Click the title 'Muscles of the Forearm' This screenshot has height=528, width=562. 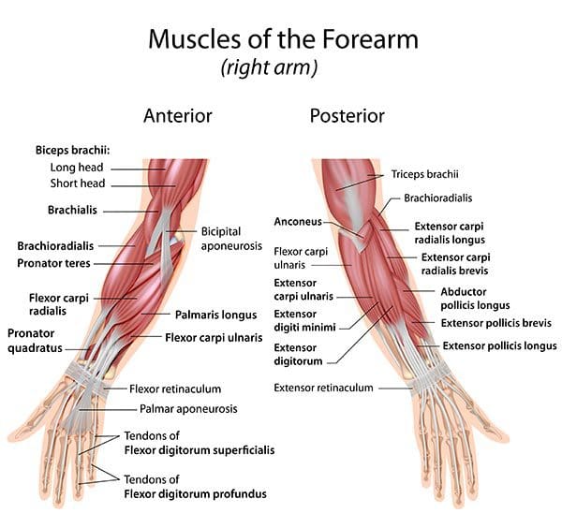tap(283, 39)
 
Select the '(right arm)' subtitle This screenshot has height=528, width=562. tap(269, 67)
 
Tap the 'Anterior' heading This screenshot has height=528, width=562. tap(178, 116)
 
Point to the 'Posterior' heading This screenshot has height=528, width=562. tap(347, 116)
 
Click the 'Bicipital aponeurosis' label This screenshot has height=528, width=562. tap(231, 239)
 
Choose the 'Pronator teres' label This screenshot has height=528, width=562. tap(53, 263)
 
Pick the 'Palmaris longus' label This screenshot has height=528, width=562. tap(215, 315)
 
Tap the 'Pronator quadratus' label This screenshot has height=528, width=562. tap(35, 341)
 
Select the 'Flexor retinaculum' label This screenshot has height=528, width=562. tap(175, 389)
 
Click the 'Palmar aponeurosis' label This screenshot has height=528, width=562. tap(188, 409)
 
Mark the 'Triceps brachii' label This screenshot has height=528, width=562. tap(424, 174)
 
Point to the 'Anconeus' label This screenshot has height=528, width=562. tap(298, 221)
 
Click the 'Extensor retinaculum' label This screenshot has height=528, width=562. tap(324, 388)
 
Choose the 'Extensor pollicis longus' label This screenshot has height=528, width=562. tap(499, 345)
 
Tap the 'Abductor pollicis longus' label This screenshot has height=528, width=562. tap(475, 299)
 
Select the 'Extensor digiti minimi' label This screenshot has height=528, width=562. tap(304, 320)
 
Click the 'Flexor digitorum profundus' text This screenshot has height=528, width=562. tap(196, 494)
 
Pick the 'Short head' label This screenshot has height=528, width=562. tap(78, 183)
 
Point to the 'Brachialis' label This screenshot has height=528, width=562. tap(72, 210)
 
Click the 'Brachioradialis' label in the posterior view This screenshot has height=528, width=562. tap(438, 198)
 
